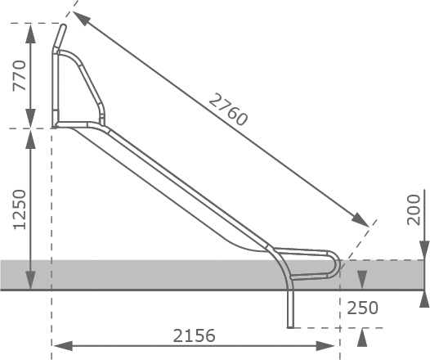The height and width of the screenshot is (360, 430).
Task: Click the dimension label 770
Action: point(20,75)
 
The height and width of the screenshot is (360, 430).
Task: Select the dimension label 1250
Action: point(20,209)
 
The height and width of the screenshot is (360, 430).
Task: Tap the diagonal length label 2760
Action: point(228,110)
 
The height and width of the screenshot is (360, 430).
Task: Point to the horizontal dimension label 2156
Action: point(195,335)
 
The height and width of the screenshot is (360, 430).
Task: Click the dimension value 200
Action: point(414,210)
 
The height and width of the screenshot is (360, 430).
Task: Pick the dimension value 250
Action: point(362,308)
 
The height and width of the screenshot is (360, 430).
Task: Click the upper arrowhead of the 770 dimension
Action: point(30,34)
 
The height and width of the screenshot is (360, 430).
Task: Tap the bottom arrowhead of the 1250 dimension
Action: point(30,280)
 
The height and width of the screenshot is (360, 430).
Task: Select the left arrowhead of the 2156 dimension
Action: point(63,346)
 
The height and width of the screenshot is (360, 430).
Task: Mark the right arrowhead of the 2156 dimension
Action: point(325,346)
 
